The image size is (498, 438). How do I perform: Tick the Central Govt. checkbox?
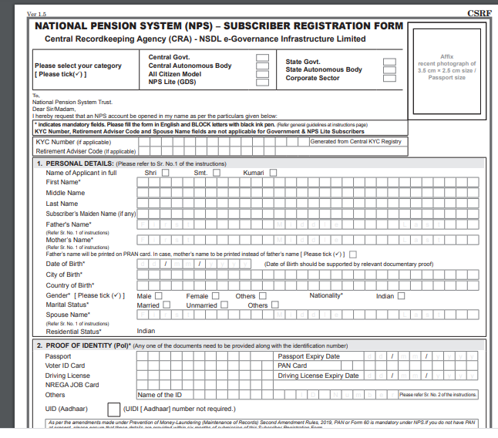click(x=263, y=57)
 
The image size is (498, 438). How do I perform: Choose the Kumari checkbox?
click(x=273, y=173)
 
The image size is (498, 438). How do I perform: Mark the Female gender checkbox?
click(x=216, y=295)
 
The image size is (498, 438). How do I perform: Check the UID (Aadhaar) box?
click(x=114, y=409)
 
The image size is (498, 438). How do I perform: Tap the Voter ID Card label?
click(x=66, y=366)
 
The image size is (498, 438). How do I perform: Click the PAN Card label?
click(x=292, y=366)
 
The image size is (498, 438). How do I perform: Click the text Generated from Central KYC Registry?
click(x=355, y=142)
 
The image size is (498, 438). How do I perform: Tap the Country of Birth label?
click(x=69, y=285)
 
